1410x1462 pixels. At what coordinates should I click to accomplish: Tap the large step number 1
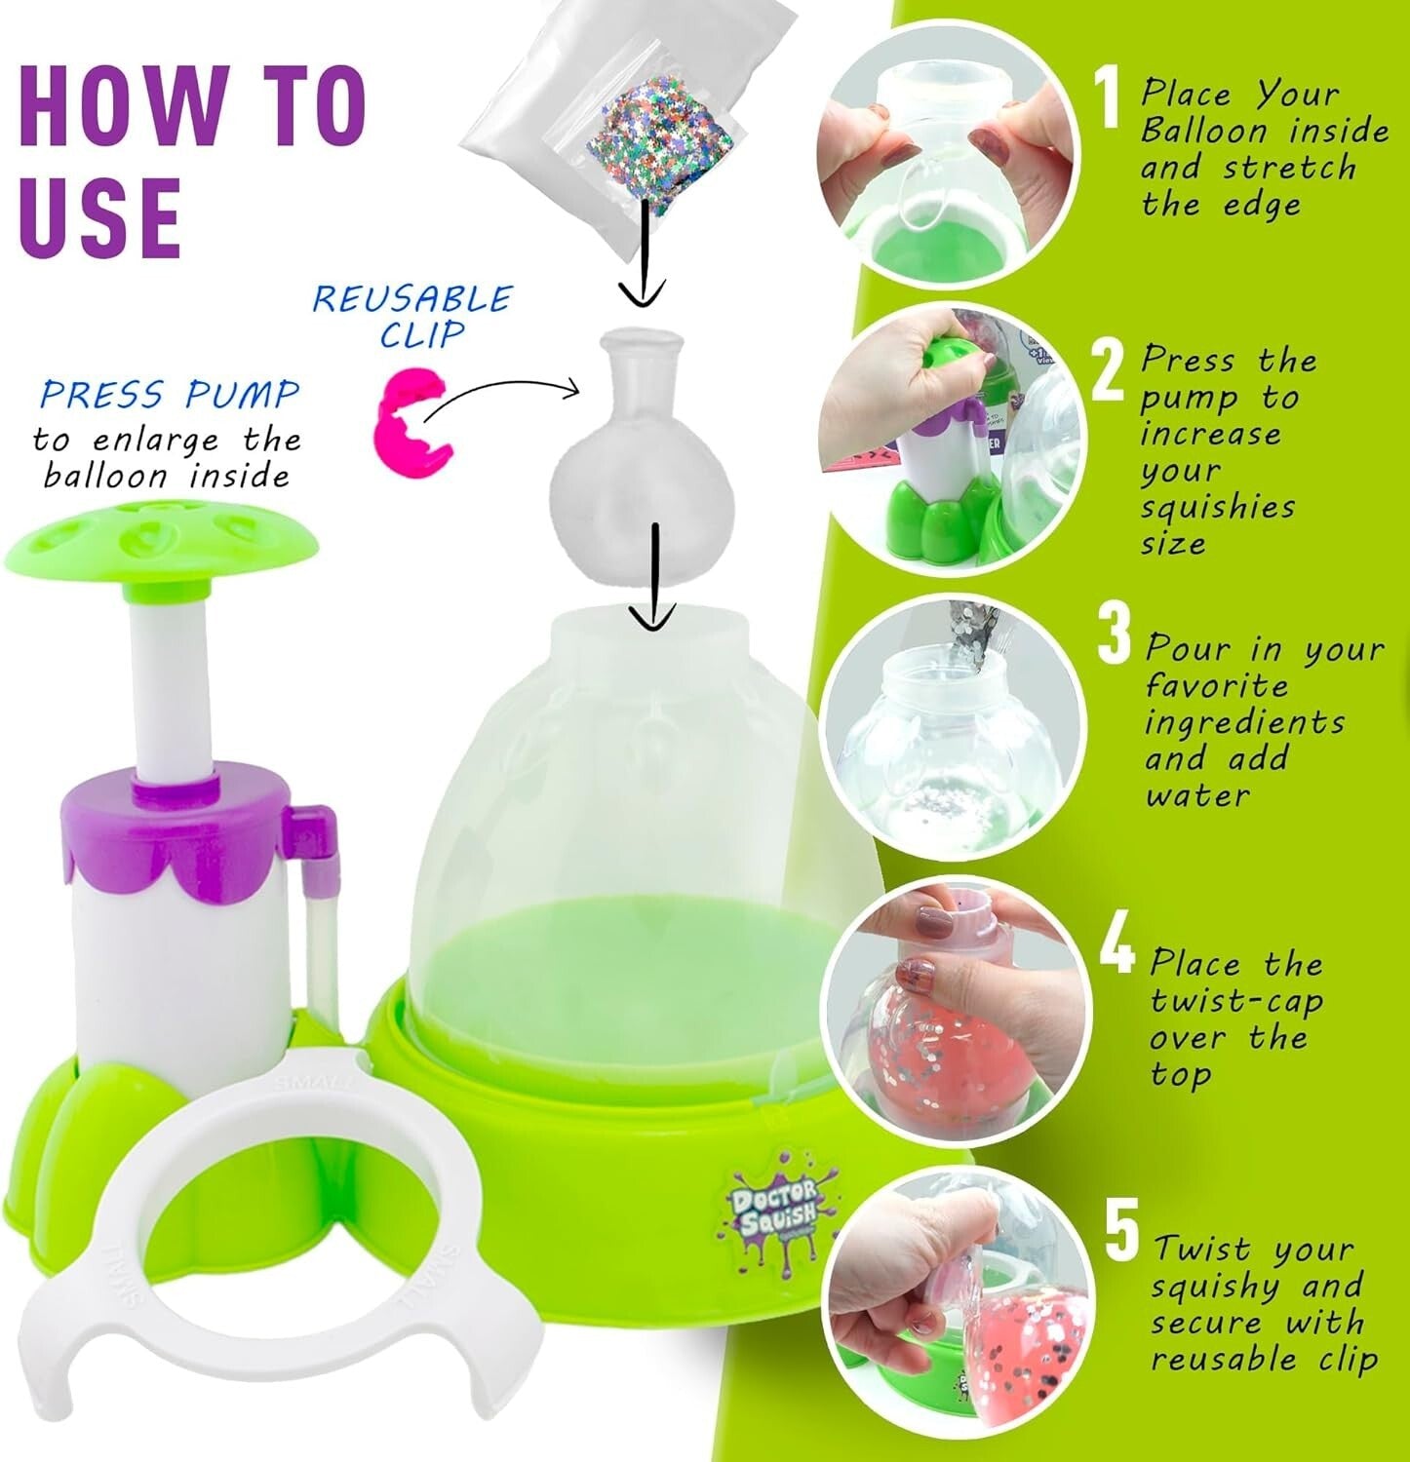tap(1107, 97)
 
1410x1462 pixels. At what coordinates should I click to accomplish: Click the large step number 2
tap(1109, 370)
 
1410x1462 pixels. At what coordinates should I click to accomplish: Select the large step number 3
tap(1113, 634)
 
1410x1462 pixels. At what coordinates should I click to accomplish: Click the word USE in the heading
tap(99, 216)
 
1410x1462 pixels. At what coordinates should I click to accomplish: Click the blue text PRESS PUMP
tap(170, 395)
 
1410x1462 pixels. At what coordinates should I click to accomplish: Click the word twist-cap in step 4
tap(1235, 1001)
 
